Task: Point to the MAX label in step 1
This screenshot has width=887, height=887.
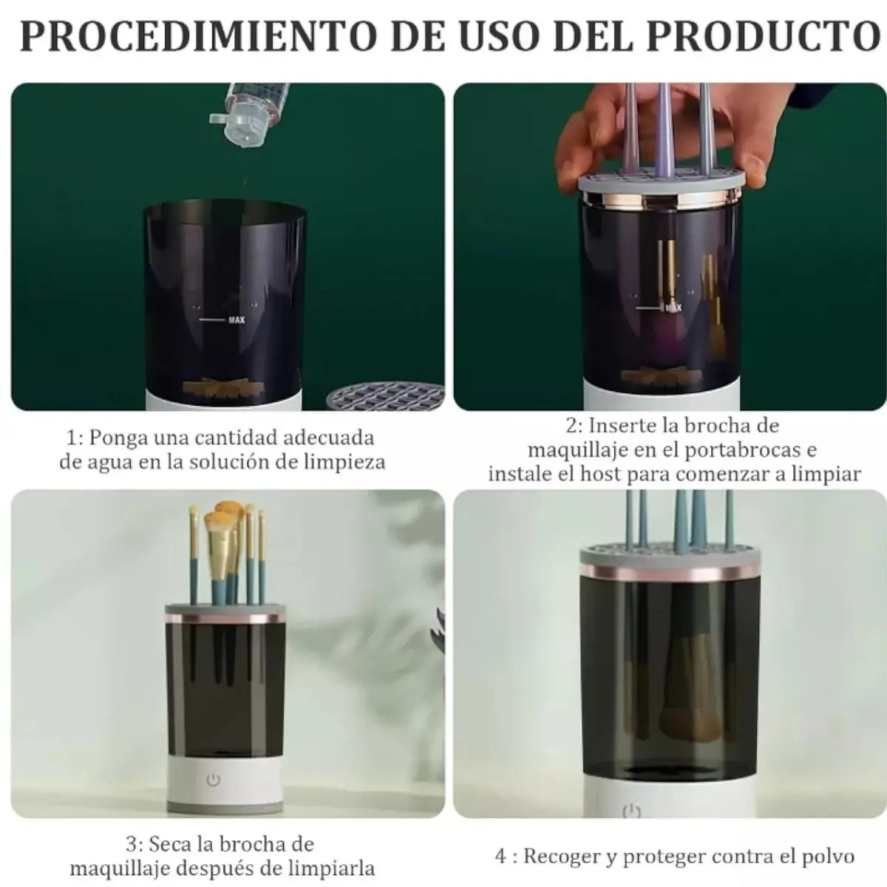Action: tap(237, 320)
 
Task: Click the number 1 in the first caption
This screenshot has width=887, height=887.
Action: tap(71, 438)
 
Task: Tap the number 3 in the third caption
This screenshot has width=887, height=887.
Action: tap(131, 844)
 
